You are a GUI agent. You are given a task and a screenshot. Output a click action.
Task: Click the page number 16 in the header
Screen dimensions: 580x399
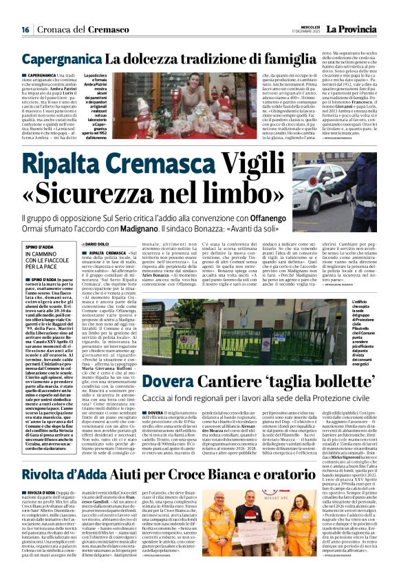click(x=25, y=30)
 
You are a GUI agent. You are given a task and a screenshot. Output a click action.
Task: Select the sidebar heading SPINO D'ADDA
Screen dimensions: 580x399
click(x=41, y=246)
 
